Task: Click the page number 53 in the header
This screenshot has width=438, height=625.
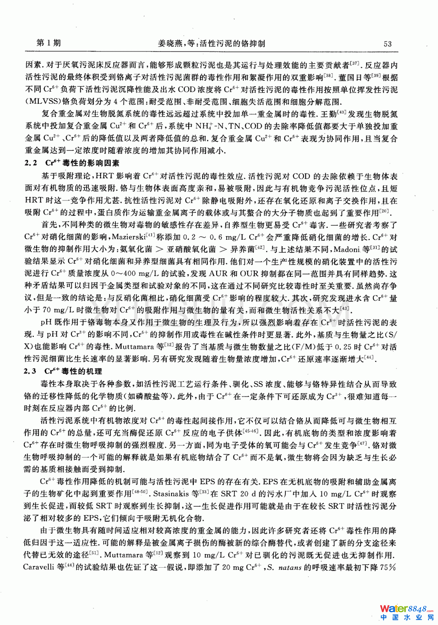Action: pyautogui.click(x=387, y=44)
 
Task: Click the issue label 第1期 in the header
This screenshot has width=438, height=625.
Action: pyautogui.click(x=48, y=43)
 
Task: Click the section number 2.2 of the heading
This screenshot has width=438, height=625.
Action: pyautogui.click(x=31, y=163)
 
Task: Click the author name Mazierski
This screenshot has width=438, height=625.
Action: pyautogui.click(x=128, y=237)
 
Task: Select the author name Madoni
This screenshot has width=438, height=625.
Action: pyautogui.click(x=346, y=249)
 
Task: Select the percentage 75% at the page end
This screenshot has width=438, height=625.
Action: pyautogui.click(x=388, y=567)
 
